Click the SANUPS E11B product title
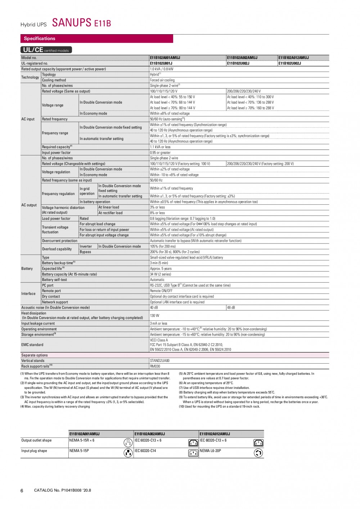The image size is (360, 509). tap(81, 23)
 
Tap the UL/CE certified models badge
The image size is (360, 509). tap(46, 50)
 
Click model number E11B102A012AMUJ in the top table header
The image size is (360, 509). tap(293, 58)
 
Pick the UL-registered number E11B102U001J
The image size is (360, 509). tap(161, 63)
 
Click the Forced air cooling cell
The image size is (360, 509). tap(162, 80)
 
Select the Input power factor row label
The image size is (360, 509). tap(56, 153)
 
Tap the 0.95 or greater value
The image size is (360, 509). tap(160, 153)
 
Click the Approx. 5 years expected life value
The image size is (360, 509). tap(161, 269)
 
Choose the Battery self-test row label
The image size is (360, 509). tap(54, 280)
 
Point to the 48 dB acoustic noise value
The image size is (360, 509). tap(231, 308)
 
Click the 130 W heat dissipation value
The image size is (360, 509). tap(154, 315)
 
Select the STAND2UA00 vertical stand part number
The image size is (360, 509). tap(159, 360)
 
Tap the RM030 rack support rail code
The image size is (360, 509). tap(155, 366)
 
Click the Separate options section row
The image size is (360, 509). tap(35, 355)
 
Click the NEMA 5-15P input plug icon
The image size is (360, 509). tap(128, 453)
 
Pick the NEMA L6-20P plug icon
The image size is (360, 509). tap(258, 453)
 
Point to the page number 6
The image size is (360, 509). tap(22, 491)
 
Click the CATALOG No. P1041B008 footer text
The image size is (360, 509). tap(62, 490)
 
